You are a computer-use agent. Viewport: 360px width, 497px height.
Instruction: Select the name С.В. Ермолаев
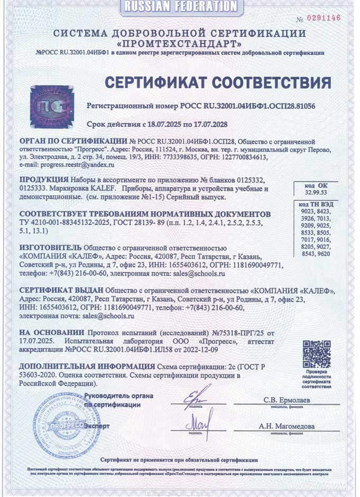coord(287,400)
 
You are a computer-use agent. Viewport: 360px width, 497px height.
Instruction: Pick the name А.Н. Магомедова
coord(287,426)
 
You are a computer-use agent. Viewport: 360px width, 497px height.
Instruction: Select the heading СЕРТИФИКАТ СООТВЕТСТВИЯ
coord(217,83)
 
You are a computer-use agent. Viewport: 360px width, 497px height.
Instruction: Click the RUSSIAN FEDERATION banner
coord(179,6)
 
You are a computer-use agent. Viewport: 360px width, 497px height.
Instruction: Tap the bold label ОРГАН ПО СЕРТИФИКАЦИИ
coord(73,142)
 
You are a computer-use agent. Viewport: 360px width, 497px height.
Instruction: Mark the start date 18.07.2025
coord(162,124)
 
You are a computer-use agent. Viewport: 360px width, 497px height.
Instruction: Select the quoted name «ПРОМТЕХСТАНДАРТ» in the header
coord(179,43)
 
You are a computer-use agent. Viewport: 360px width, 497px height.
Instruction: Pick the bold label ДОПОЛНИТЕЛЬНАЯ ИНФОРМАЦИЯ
coord(87,366)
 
